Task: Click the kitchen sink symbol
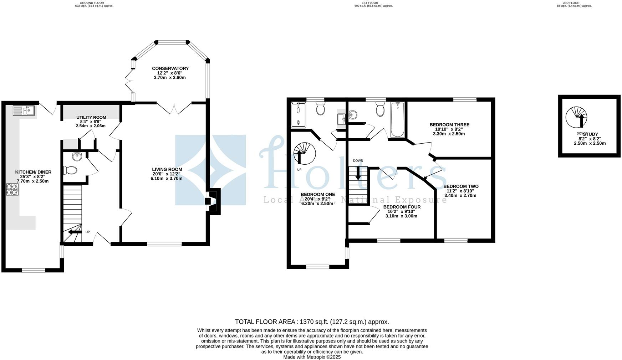pyautogui.click(x=24, y=110)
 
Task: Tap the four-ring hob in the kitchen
pyautogui.click(x=12, y=189)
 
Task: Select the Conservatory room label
pyautogui.click(x=170, y=68)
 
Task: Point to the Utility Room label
pyautogui.click(x=91, y=117)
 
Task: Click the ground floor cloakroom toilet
pyautogui.click(x=70, y=170)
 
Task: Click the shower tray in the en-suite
pyautogui.click(x=299, y=115)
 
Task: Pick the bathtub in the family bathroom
pyautogui.click(x=397, y=120)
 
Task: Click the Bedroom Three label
pyautogui.click(x=449, y=125)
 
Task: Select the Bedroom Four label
pyautogui.click(x=402, y=207)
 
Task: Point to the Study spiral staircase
pyautogui.click(x=576, y=118)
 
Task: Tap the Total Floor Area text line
pyautogui.click(x=312, y=322)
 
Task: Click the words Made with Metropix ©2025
pyautogui.click(x=312, y=357)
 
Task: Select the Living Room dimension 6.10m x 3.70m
pyautogui.click(x=167, y=178)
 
